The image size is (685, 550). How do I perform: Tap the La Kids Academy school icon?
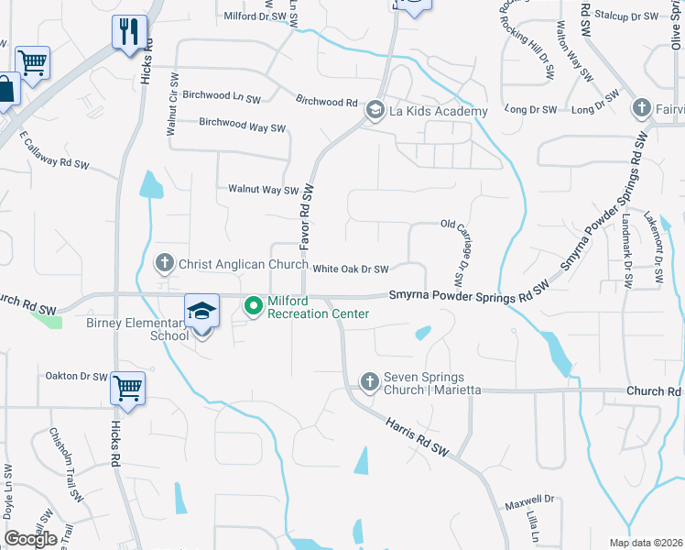[375, 111]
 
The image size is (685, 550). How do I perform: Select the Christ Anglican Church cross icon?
[165, 264]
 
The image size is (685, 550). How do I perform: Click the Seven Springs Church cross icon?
[370, 380]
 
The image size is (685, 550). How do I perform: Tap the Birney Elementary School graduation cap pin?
[201, 312]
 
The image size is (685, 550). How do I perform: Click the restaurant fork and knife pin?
[129, 32]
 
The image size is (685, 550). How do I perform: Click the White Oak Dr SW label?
[351, 269]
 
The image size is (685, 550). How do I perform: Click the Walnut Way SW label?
[264, 190]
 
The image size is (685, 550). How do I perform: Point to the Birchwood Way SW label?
[243, 125]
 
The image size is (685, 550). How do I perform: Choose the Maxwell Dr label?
[530, 502]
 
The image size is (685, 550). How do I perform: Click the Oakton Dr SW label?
[77, 376]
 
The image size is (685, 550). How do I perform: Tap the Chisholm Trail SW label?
[66, 463]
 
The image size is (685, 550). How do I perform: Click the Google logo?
[30, 538]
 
